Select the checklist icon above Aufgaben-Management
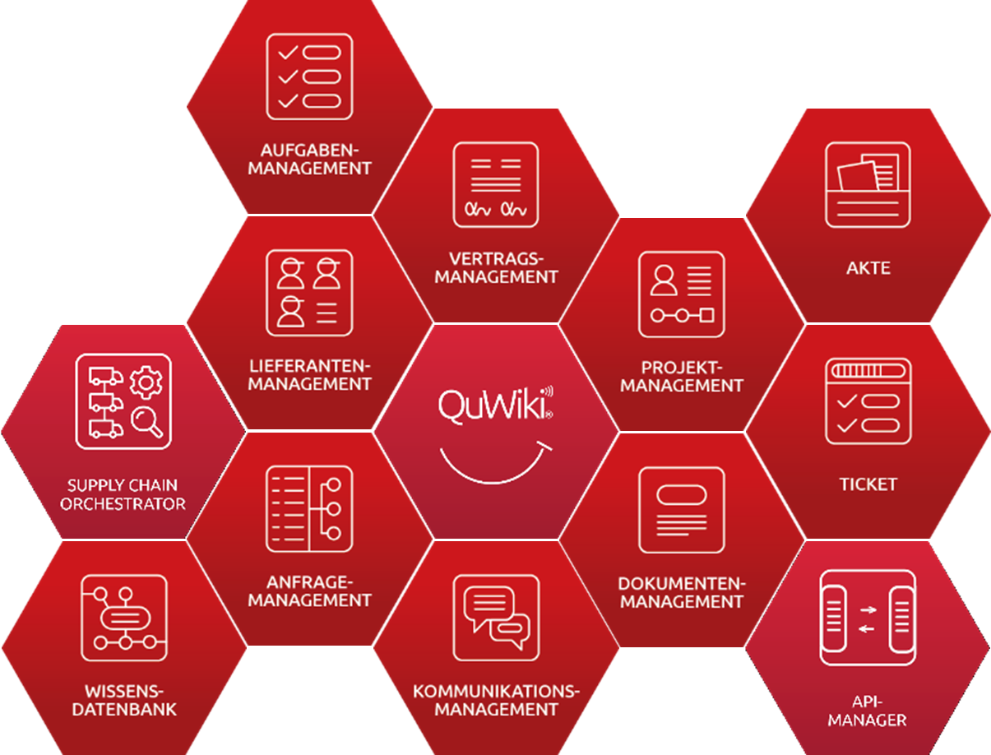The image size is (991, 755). pyautogui.click(x=309, y=76)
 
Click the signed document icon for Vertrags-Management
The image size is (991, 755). pyautogui.click(x=496, y=185)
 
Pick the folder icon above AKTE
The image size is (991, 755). pyautogui.click(x=868, y=185)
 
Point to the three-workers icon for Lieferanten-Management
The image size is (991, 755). pyautogui.click(x=309, y=293)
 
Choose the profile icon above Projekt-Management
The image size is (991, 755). pyautogui.click(x=682, y=294)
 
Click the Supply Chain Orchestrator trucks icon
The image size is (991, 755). pyautogui.click(x=123, y=401)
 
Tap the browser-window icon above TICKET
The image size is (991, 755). pyautogui.click(x=868, y=401)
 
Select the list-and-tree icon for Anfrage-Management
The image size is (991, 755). pyautogui.click(x=309, y=509)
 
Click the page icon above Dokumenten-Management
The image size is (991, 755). pyautogui.click(x=682, y=510)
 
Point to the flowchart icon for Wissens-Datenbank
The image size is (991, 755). pyautogui.click(x=123, y=618)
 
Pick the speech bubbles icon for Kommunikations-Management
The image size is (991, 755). pyautogui.click(x=496, y=618)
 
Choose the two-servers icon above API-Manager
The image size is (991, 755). pyautogui.click(x=868, y=618)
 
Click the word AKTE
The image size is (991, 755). pyautogui.click(x=868, y=268)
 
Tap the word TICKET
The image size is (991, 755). pyautogui.click(x=868, y=484)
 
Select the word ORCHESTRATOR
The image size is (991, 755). pyautogui.click(x=123, y=503)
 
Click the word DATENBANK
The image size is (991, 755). pyautogui.click(x=123, y=709)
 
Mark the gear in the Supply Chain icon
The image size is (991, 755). pyautogui.click(x=146, y=382)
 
